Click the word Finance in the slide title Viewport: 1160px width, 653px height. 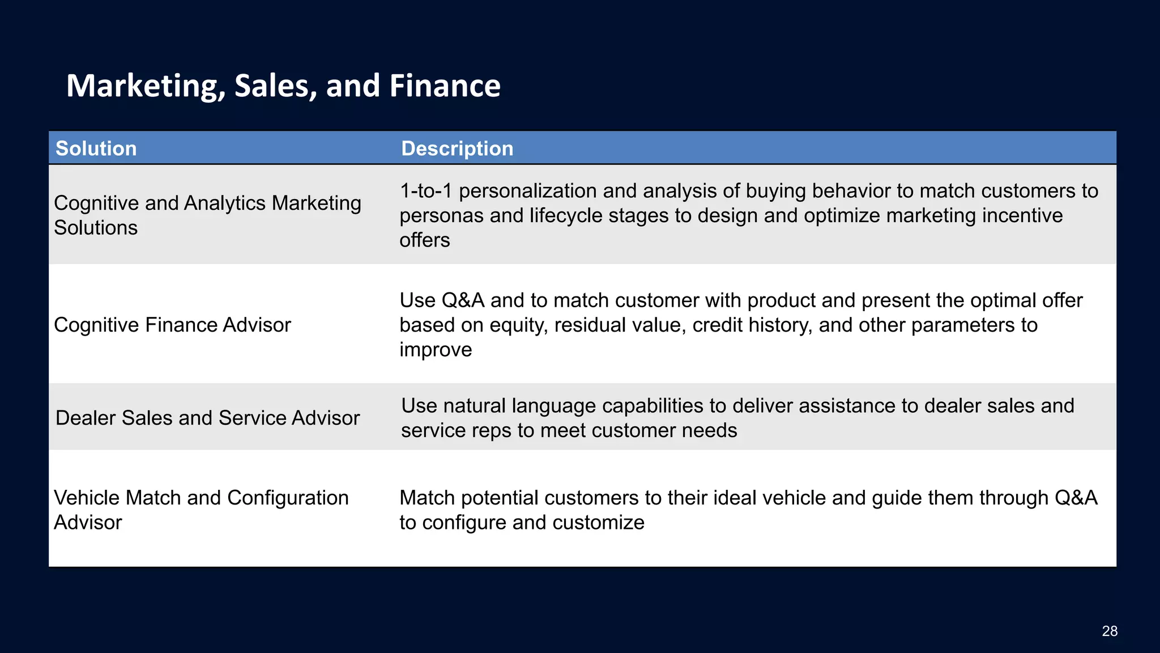pyautogui.click(x=445, y=86)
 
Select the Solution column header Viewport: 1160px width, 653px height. pyautogui.click(x=96, y=149)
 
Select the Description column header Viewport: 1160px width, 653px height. pyautogui.click(x=457, y=149)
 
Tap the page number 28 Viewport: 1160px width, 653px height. pyautogui.click(x=1110, y=631)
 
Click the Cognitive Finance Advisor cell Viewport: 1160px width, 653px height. pyautogui.click(x=172, y=325)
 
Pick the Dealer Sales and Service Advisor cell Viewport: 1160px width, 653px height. pyautogui.click(x=207, y=418)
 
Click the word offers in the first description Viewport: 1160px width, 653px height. pyautogui.click(x=424, y=240)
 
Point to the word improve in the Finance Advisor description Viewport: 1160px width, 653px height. pyautogui.click(x=435, y=350)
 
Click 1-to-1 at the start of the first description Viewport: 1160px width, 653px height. pyautogui.click(x=425, y=191)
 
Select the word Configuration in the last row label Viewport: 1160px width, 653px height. pyautogui.click(x=288, y=498)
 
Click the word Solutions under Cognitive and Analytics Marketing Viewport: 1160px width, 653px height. pyautogui.click(x=96, y=228)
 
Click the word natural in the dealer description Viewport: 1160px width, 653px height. pyautogui.click(x=474, y=406)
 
